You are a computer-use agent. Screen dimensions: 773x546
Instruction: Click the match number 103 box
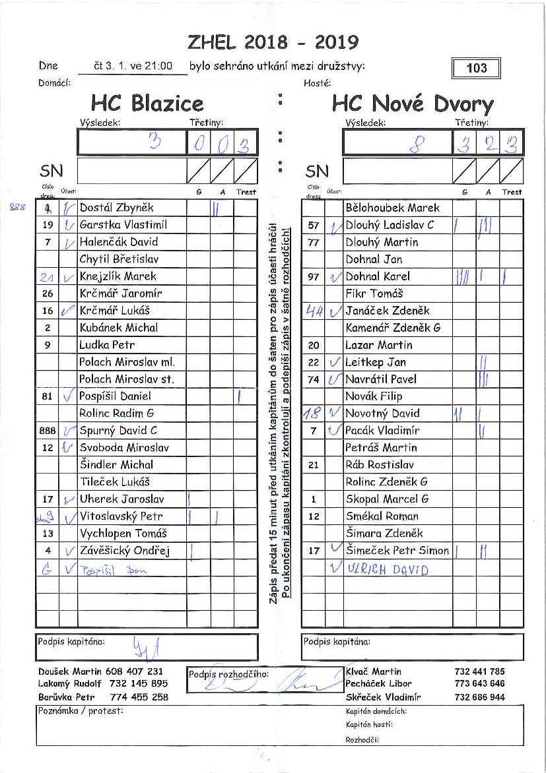coord(476,68)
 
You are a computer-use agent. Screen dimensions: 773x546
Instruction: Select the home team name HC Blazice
coord(147,104)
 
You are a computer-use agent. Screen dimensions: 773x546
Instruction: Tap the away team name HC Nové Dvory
coord(413,104)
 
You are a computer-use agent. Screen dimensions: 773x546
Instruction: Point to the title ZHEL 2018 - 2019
coord(273,42)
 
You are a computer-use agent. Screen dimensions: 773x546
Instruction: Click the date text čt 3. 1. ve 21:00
coord(133,66)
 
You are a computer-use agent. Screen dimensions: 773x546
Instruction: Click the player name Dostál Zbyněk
coord(116,208)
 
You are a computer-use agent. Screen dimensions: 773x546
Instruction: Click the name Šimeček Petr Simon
coord(397,551)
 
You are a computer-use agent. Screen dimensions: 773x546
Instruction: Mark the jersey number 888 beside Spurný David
coord(47,431)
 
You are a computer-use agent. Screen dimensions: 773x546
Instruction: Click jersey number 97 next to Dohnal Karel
coord(314,276)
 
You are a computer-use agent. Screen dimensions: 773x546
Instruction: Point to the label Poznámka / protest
coord(81,710)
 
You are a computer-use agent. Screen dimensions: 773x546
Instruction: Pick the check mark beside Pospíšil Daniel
coord(67,396)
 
